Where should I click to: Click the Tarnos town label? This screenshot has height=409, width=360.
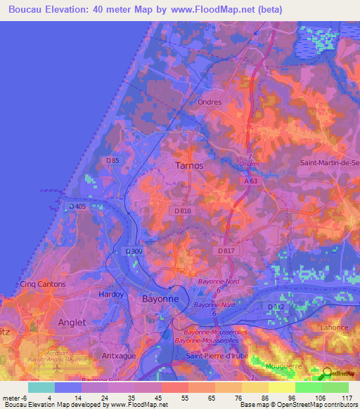pos(188,166)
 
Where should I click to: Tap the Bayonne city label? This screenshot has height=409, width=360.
pos(160,299)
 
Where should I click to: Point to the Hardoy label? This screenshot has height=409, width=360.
pos(111,294)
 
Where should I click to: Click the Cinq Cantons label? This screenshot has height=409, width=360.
pos(43,285)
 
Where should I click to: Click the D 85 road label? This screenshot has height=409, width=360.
pos(112,161)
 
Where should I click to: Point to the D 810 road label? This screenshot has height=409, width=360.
pos(181,211)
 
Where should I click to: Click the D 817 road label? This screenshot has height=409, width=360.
pos(226,251)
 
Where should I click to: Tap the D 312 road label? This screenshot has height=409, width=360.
pos(275,307)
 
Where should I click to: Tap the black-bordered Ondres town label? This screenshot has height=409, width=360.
pos(210,102)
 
